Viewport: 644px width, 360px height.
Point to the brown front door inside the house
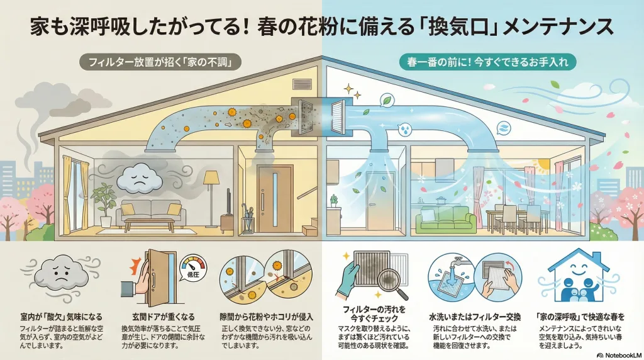pos(275,196)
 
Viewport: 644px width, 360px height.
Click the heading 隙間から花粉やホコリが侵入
pos(268,316)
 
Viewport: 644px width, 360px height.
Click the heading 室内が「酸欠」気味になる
pos(59,316)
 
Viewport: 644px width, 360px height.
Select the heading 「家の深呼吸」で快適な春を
pos(575,316)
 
